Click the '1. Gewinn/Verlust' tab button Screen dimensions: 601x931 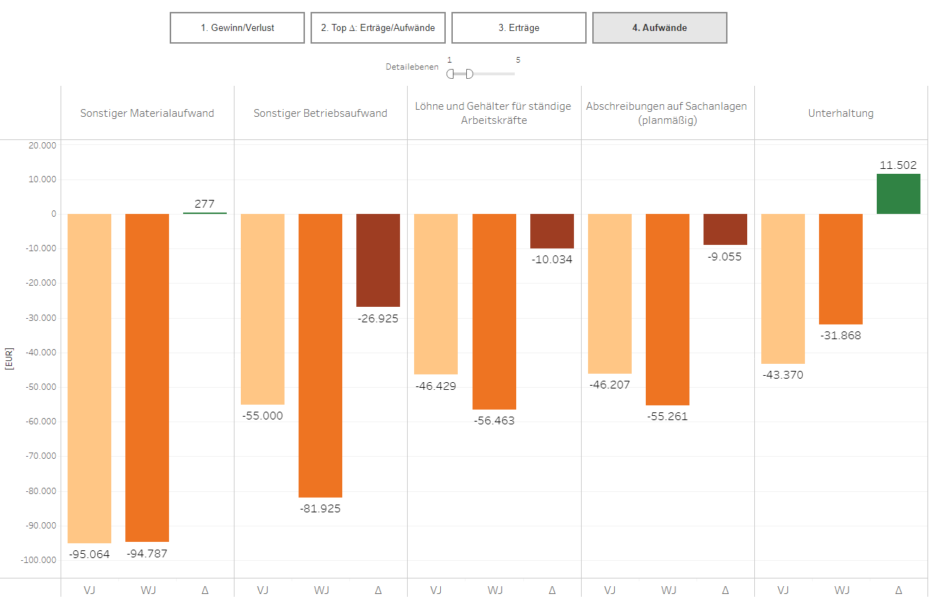(237, 28)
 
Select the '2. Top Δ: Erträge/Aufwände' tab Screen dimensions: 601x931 (377, 28)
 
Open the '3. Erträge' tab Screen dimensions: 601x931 (518, 28)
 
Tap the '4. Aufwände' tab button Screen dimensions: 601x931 (659, 28)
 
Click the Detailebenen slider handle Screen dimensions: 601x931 (469, 74)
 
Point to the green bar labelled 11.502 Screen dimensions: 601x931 (898, 194)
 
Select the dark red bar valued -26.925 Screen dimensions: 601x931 (378, 260)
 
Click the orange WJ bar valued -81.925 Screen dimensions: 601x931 (320, 355)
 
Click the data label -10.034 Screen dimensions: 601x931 (551, 260)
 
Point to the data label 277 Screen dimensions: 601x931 (204, 204)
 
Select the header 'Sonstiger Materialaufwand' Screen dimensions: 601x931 (147, 113)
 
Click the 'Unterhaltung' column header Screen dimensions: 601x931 (841, 113)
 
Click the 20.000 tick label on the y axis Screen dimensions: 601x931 (42, 145)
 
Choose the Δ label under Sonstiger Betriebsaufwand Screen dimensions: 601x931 (378, 590)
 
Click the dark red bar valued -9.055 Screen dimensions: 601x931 (725, 229)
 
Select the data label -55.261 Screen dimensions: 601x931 (668, 417)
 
